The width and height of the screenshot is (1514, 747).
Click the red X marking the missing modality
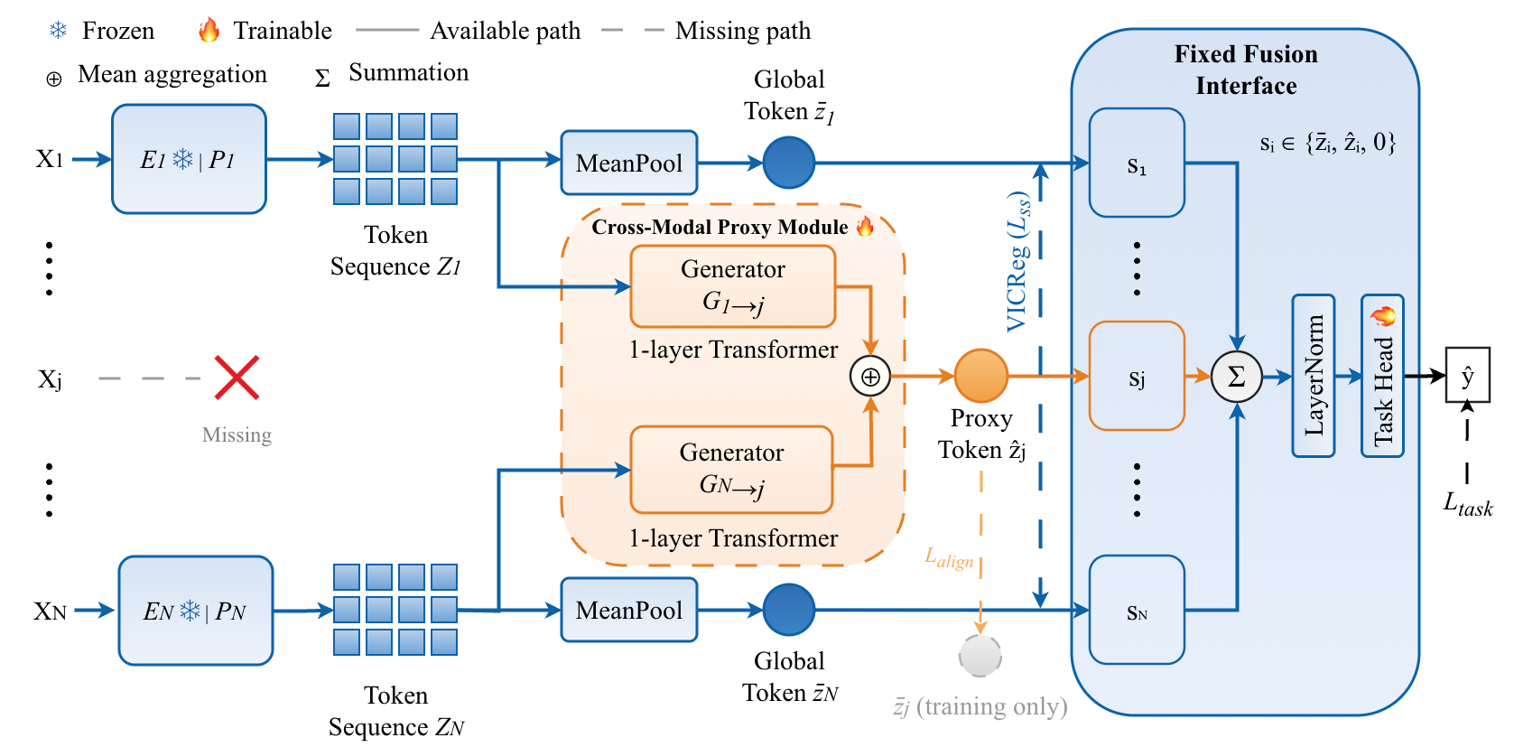[x=237, y=378]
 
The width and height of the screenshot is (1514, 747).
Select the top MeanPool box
[x=628, y=163]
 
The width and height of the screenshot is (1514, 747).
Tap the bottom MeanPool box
[x=628, y=610]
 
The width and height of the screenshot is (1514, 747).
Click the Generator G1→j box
[x=732, y=286]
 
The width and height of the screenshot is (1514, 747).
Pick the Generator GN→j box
[x=731, y=470]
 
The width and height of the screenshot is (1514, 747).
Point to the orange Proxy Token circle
[x=980, y=376]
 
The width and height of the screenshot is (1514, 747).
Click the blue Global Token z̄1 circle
[x=788, y=163]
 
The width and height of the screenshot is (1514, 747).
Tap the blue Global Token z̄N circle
[x=788, y=610]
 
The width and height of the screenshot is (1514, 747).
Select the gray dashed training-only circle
[x=980, y=656]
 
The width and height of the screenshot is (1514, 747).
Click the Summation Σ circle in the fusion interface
[x=1236, y=377]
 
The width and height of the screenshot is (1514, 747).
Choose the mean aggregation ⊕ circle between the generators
[x=870, y=377]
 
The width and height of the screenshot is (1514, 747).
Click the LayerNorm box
[x=1313, y=376]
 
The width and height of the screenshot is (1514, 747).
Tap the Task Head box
[x=1381, y=376]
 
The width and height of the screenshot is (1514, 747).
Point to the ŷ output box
[x=1467, y=375]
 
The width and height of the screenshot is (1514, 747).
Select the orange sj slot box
[x=1137, y=376]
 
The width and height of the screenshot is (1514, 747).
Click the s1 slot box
[x=1137, y=163]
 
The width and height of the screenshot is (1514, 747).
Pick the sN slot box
[x=1137, y=610]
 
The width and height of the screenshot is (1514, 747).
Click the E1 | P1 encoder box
[x=189, y=159]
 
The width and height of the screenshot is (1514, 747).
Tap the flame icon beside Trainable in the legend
[x=209, y=30]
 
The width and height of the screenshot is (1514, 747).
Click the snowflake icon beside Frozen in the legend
[x=58, y=30]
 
